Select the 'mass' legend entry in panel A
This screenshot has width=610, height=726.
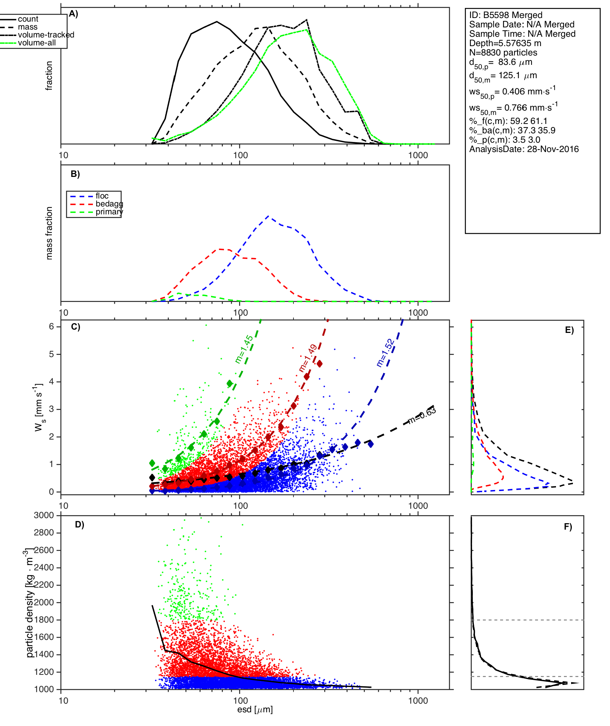point(28,27)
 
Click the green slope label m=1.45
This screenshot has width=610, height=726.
point(244,349)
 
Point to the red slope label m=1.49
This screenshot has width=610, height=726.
point(308,358)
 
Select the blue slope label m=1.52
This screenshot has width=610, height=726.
point(385,353)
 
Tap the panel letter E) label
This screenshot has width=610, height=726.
point(569,330)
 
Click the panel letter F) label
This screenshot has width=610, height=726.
point(568,527)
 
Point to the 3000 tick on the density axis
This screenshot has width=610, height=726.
point(44,515)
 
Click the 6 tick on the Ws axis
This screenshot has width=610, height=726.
point(51,326)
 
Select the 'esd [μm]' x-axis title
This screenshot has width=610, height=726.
point(255,710)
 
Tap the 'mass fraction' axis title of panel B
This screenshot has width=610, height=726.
point(49,233)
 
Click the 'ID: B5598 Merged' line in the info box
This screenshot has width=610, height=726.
point(506,15)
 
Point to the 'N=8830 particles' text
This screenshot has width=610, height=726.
point(503,53)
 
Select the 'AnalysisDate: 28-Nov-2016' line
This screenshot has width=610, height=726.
point(524,149)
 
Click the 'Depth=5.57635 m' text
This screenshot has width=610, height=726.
point(505,43)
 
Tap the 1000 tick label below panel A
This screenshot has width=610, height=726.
point(418,155)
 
